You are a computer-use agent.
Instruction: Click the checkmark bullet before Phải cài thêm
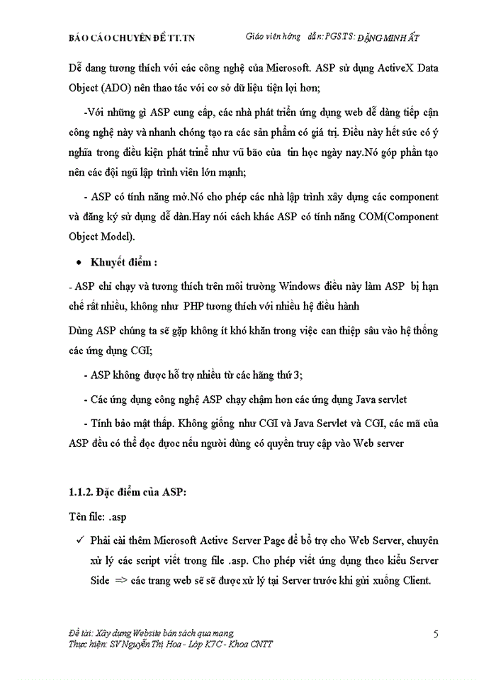pyautogui.click(x=78, y=542)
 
